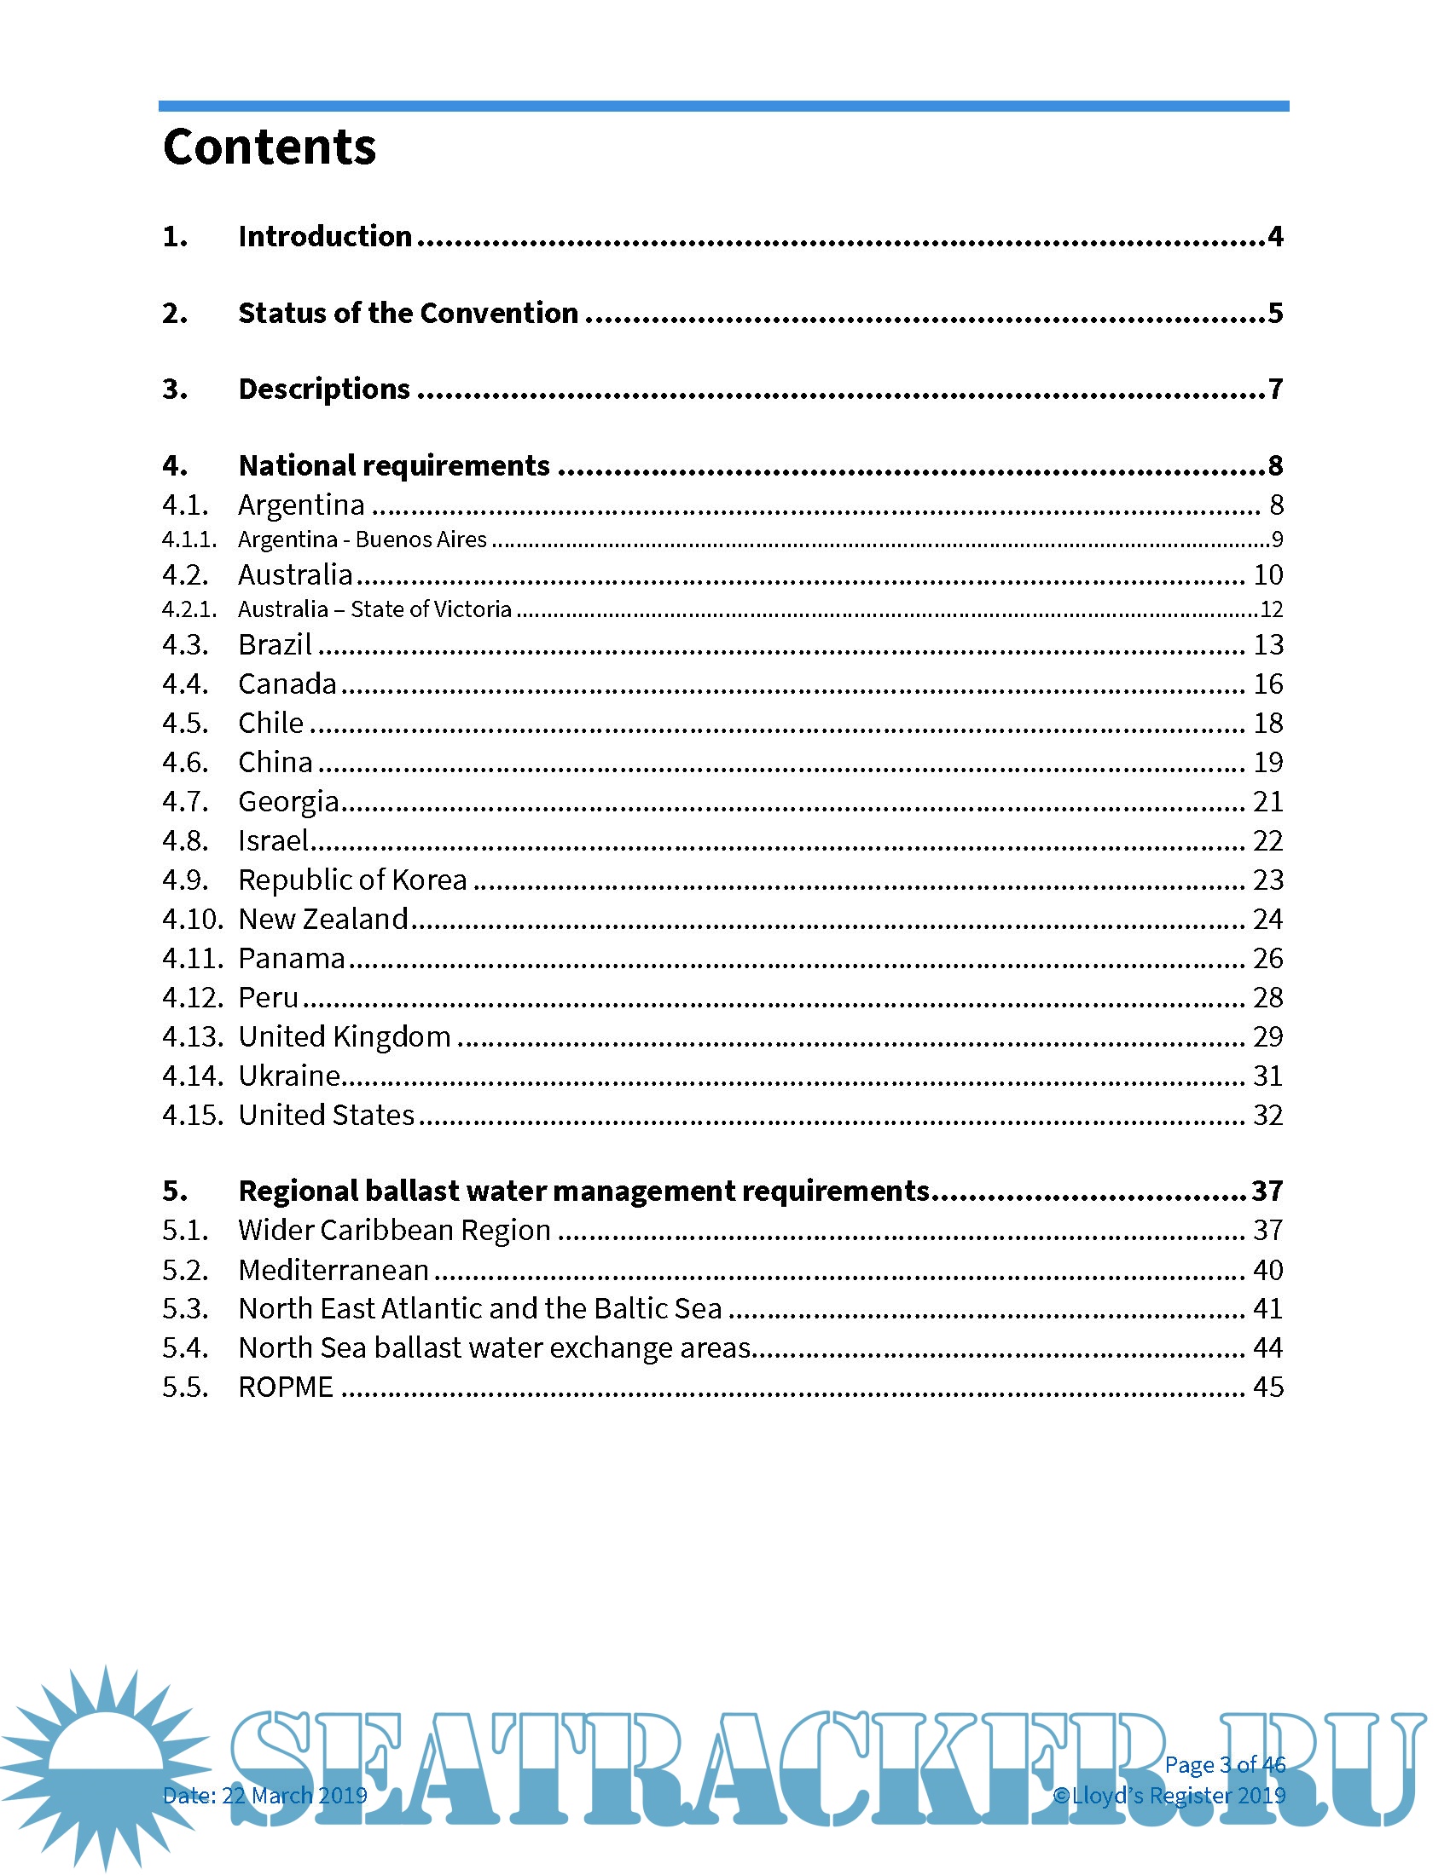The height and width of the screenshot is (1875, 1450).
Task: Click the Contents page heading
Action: [x=269, y=147]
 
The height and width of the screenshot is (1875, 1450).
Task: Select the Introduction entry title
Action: [x=325, y=236]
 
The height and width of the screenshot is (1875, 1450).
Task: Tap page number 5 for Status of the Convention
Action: [x=1275, y=313]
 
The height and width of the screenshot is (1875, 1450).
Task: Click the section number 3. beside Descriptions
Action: [x=175, y=389]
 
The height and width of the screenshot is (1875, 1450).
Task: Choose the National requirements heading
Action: [x=393, y=465]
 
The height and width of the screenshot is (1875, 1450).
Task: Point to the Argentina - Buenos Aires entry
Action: [x=362, y=539]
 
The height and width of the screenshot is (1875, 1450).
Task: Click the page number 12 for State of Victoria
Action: [x=1271, y=609]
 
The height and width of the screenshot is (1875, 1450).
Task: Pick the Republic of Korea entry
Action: [x=352, y=880]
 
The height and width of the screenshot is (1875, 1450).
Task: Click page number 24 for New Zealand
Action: [x=1267, y=919]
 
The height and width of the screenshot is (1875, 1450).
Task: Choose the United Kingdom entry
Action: [x=345, y=1036]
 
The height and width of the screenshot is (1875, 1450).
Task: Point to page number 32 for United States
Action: [x=1267, y=1115]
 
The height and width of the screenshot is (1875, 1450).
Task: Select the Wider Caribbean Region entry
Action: [x=394, y=1230]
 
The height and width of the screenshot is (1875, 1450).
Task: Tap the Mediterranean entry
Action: [x=333, y=1270]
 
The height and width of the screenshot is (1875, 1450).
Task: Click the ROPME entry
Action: [x=285, y=1387]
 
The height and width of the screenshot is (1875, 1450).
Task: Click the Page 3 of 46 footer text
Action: [x=1224, y=1765]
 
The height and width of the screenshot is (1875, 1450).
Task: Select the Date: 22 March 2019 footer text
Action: [x=264, y=1795]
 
